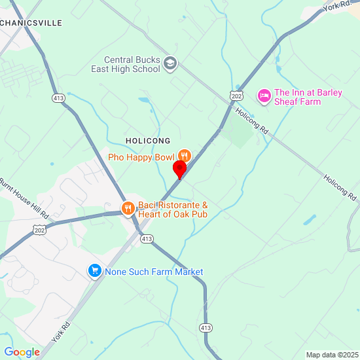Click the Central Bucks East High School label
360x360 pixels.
point(132,64)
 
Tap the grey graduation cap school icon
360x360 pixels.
point(170,63)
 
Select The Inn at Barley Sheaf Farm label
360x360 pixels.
point(308,97)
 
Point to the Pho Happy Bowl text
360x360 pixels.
point(141,157)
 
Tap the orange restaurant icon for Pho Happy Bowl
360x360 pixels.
point(185,156)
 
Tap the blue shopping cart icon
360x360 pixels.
point(95,271)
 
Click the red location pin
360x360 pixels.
point(179,169)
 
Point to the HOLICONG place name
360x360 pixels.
point(148,141)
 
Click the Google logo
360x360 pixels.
point(22,352)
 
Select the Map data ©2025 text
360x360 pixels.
point(331,354)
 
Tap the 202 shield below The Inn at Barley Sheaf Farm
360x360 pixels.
point(237,96)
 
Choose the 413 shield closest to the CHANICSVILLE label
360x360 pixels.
point(58,98)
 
